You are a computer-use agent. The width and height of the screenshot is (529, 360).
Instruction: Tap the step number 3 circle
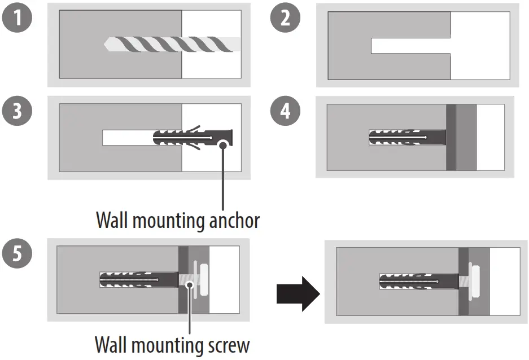pyautogui.click(x=18, y=111)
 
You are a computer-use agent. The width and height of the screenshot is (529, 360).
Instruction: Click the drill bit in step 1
pyautogui.click(x=169, y=44)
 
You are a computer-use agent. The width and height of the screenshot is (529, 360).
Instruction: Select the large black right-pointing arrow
pyautogui.click(x=298, y=293)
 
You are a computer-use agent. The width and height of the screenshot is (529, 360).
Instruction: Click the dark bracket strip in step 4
pyautogui.click(x=451, y=137)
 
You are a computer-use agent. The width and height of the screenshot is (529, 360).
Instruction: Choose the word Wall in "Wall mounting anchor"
pyautogui.click(x=112, y=221)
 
